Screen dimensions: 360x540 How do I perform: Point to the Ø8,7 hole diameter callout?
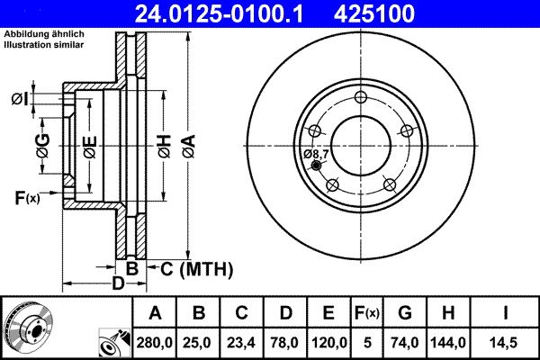point(317,155)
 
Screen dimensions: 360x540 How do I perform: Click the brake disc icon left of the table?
point(27,328)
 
